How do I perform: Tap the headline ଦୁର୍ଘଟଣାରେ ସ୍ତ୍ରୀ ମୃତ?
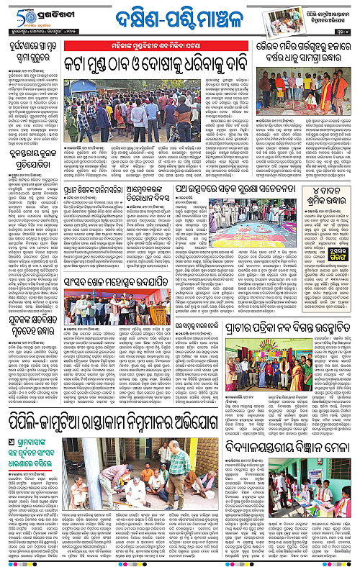[31, 50]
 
